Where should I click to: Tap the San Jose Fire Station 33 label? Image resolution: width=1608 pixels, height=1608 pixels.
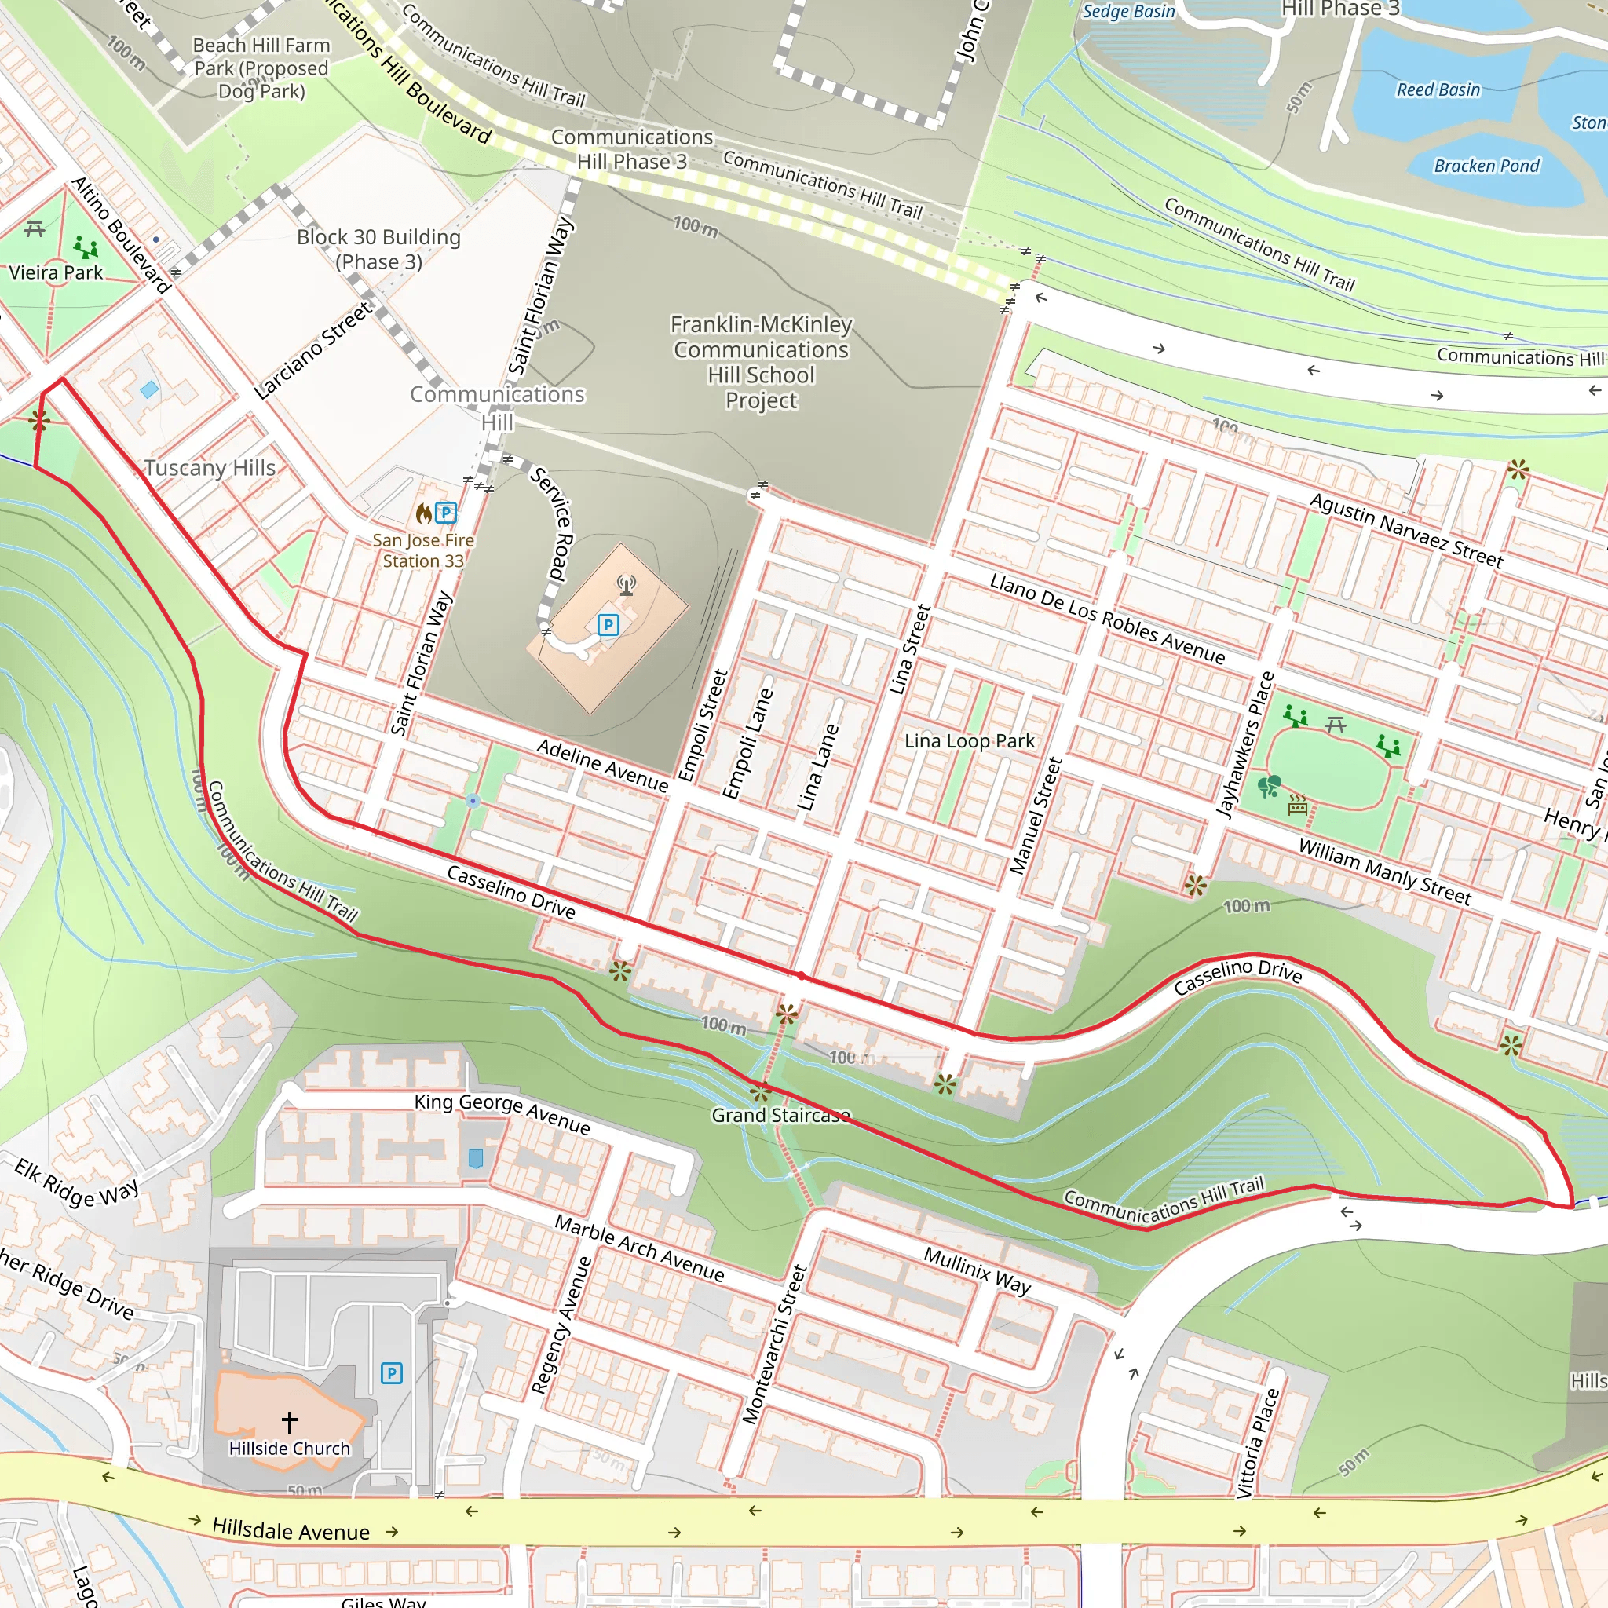pyautogui.click(x=423, y=550)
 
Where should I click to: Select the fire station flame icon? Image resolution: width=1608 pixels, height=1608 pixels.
pyautogui.click(x=425, y=513)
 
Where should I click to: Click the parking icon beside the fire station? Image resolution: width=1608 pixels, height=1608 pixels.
pyautogui.click(x=446, y=513)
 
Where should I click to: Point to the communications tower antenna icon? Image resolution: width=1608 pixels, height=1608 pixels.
pyautogui.click(x=627, y=585)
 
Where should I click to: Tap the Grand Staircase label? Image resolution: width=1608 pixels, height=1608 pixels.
pyautogui.click(x=780, y=1115)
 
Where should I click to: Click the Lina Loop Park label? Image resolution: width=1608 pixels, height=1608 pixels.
pyautogui.click(x=970, y=740)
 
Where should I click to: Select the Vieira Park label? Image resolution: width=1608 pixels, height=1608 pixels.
pyautogui.click(x=56, y=273)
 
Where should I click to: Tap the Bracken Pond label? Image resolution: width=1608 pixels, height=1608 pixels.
pyautogui.click(x=1486, y=166)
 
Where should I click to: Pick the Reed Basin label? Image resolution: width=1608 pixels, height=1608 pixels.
pyautogui.click(x=1438, y=90)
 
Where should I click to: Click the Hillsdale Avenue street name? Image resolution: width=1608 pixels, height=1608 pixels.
pyautogui.click(x=291, y=1529)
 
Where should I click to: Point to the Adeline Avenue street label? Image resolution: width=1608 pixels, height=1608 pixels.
pyautogui.click(x=602, y=765)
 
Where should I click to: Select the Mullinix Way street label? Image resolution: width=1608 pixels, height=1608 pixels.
pyautogui.click(x=977, y=1270)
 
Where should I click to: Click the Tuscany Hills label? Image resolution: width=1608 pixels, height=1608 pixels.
pyautogui.click(x=210, y=468)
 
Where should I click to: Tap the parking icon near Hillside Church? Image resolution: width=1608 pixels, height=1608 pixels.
pyautogui.click(x=391, y=1372)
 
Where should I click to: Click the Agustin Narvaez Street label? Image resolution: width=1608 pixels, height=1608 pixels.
pyautogui.click(x=1405, y=530)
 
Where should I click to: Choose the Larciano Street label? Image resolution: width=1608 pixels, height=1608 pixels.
pyautogui.click(x=313, y=350)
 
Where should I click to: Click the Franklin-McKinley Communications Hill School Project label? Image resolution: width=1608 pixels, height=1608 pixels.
pyautogui.click(x=761, y=362)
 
